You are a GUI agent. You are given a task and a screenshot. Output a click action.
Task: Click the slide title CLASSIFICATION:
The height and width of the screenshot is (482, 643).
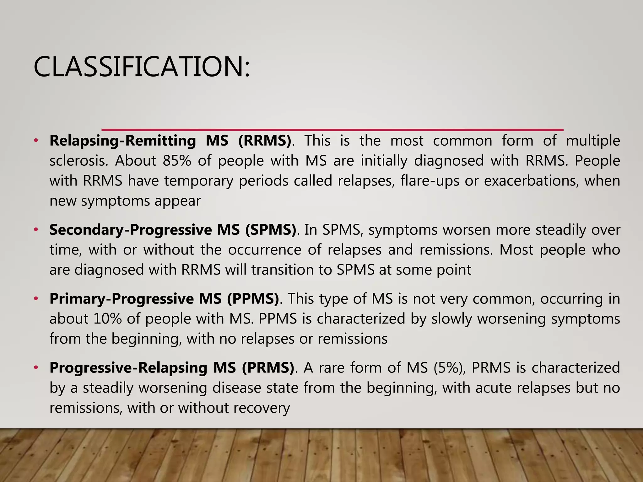[142, 67]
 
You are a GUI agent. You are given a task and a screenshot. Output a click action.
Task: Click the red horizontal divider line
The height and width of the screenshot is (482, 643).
[332, 130]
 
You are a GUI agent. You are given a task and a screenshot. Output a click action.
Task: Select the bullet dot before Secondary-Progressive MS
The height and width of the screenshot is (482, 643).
[36, 230]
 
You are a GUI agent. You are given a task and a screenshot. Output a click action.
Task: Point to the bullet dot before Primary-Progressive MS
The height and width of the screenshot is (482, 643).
[36, 298]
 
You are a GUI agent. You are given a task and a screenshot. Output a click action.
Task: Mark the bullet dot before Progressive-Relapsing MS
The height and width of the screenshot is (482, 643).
[36, 367]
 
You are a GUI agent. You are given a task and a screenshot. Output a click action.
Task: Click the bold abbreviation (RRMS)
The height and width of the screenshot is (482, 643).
[265, 141]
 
